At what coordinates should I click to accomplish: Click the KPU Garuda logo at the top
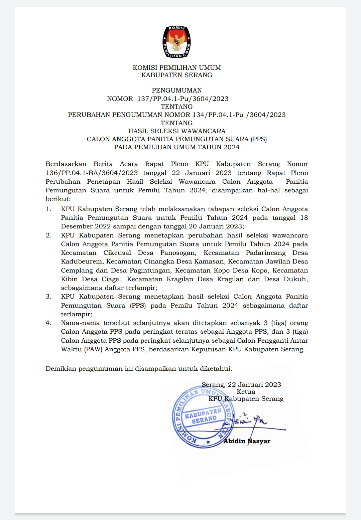[177, 41]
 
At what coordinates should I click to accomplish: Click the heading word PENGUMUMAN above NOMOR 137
[177, 91]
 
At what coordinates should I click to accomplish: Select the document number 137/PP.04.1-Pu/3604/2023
[183, 99]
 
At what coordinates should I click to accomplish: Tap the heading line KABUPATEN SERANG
[177, 75]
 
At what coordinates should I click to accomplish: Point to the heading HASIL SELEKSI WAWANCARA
[177, 131]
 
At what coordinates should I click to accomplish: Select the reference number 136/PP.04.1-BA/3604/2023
[92, 173]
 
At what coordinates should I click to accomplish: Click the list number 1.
[48, 209]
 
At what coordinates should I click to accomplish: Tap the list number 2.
[48, 235]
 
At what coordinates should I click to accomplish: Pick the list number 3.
[48, 297]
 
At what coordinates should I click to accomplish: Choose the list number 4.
[48, 323]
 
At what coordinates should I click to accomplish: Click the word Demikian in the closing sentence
[61, 369]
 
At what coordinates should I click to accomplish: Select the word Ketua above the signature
[246, 392]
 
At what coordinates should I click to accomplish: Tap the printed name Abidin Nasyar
[247, 441]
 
